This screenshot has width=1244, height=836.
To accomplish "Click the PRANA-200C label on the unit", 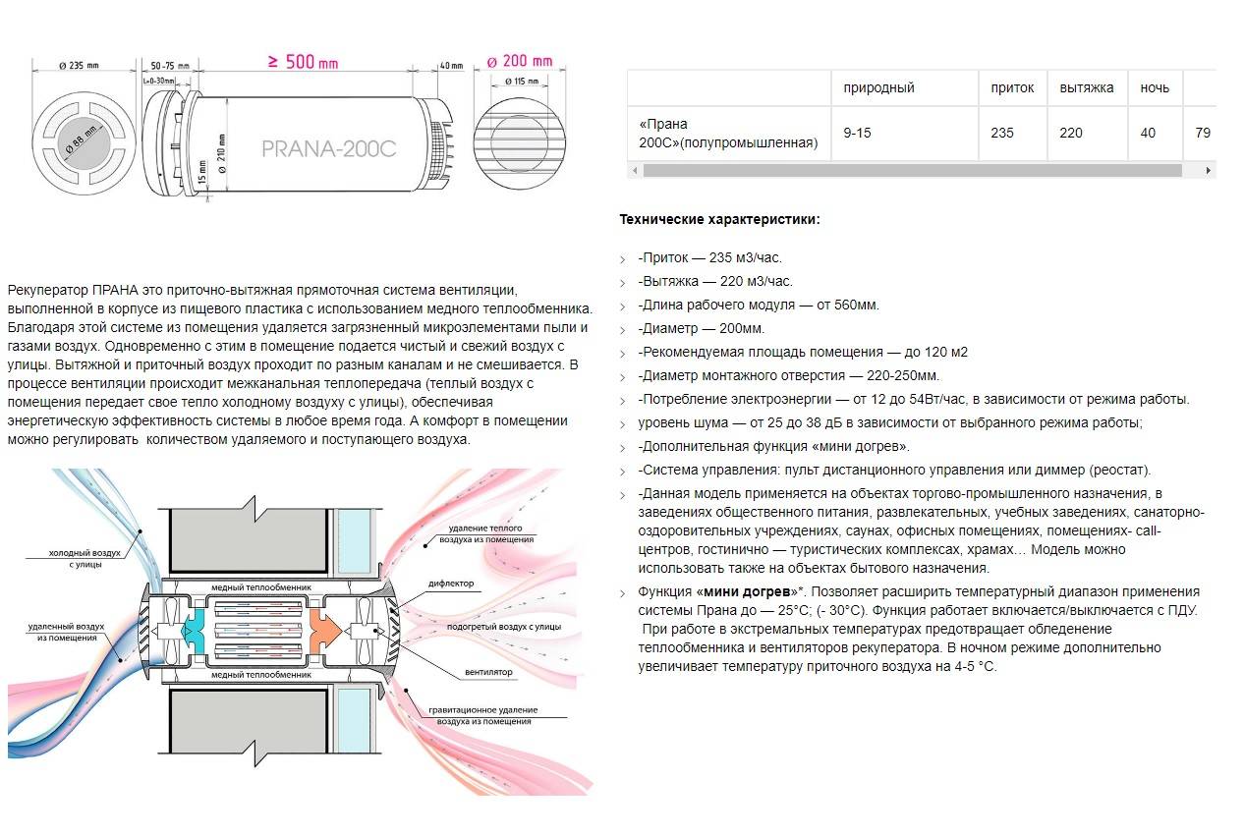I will pyautogui.click(x=328, y=148).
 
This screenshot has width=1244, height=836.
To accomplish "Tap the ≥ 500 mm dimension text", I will pyautogui.click(x=303, y=62).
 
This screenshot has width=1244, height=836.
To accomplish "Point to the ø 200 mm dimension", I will pyautogui.click(x=521, y=61).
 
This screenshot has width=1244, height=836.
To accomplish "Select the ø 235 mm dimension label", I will pyautogui.click(x=79, y=66).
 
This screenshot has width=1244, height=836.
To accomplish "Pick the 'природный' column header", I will pyautogui.click(x=878, y=87).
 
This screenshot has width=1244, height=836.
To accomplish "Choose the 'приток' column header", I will pyautogui.click(x=1012, y=87).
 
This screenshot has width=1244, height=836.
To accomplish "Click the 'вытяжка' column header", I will pyautogui.click(x=1086, y=87).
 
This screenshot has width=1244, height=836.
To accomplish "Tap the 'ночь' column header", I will pyautogui.click(x=1155, y=87).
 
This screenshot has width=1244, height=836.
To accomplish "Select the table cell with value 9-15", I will pyautogui.click(x=857, y=133).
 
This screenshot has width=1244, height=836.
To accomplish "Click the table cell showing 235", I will pyautogui.click(x=1002, y=133).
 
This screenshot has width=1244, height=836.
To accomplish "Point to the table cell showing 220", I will pyautogui.click(x=1071, y=133).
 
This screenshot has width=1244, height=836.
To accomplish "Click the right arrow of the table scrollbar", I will pyautogui.click(x=1209, y=170).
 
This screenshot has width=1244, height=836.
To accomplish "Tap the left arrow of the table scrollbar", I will pyautogui.click(x=634, y=170).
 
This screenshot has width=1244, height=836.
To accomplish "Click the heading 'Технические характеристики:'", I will pyautogui.click(x=719, y=220).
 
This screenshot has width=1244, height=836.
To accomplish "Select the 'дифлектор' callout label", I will pyautogui.click(x=451, y=584).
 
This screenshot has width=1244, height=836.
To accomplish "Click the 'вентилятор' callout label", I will pyautogui.click(x=488, y=673).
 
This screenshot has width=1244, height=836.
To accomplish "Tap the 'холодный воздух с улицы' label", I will pyautogui.click(x=85, y=559).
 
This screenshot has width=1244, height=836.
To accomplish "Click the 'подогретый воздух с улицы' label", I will pyautogui.click(x=503, y=626).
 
